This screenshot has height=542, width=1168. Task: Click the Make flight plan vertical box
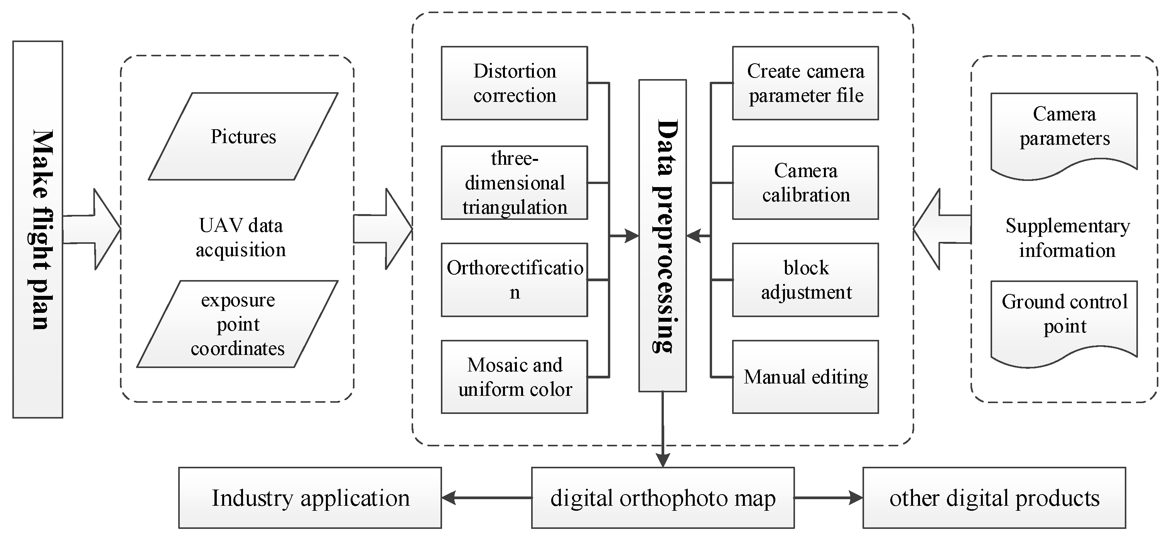click(38, 230)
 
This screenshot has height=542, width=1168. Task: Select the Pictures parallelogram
click(243, 137)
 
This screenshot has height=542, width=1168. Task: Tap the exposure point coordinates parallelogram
click(238, 324)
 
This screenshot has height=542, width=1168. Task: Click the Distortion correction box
click(514, 83)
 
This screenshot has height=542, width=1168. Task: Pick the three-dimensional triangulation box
click(514, 183)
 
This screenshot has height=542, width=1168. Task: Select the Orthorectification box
click(514, 280)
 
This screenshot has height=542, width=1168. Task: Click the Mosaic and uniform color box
click(514, 377)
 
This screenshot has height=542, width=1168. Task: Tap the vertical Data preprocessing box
click(662, 235)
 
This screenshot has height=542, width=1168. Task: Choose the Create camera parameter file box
click(805, 83)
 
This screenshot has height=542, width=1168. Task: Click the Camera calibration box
click(805, 183)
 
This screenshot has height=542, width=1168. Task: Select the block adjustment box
click(805, 280)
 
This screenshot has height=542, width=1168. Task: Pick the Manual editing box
click(805, 377)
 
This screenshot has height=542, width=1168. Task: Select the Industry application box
click(310, 498)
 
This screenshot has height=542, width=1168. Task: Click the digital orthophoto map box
click(662, 498)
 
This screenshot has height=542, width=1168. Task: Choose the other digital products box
click(994, 498)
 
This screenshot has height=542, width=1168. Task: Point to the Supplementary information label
click(1067, 238)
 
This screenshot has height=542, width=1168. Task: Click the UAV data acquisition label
click(240, 238)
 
